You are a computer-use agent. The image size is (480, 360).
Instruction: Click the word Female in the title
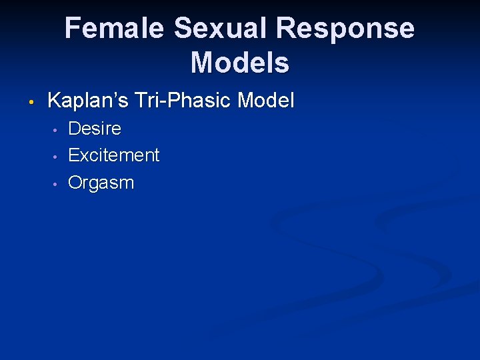point(115,29)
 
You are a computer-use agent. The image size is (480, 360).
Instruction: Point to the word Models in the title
point(240,63)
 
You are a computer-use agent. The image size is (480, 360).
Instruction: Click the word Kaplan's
point(87,101)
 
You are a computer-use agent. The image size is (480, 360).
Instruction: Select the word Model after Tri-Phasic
point(266,101)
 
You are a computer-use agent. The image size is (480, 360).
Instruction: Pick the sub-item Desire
point(95,128)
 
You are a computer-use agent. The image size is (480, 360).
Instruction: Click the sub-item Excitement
point(114,155)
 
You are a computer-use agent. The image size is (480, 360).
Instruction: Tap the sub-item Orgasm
point(101,183)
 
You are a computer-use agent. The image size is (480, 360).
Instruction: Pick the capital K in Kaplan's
point(55,101)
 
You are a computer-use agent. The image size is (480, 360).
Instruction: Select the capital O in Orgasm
point(76,183)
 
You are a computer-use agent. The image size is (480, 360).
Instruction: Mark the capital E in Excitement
point(74,155)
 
